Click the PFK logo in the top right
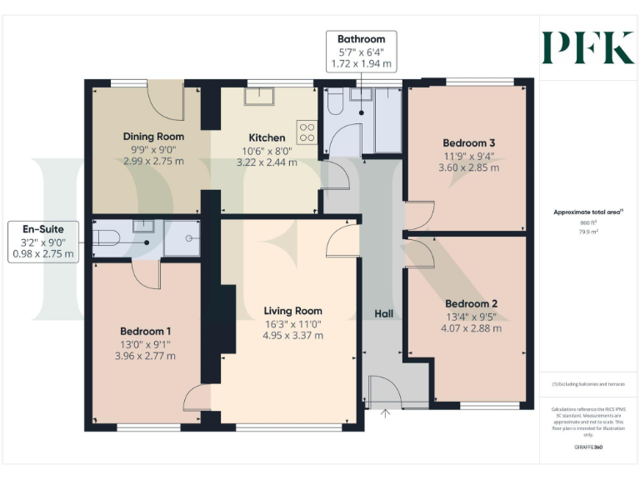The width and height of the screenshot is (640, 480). tap(587, 47)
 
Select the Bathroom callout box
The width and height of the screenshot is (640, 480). tap(361, 51)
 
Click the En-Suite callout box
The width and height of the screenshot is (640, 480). tap(42, 241)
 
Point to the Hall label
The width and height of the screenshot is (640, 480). tap(383, 313)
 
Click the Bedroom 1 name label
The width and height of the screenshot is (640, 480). tap(147, 330)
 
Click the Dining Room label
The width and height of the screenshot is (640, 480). tap(153, 137)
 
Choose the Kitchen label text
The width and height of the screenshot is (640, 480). tap(267, 137)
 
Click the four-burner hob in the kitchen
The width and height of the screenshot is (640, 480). tap(307, 132)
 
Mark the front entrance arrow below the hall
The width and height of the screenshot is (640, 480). tap(385, 412)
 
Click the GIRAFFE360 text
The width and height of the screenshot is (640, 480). tap(589, 447)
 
